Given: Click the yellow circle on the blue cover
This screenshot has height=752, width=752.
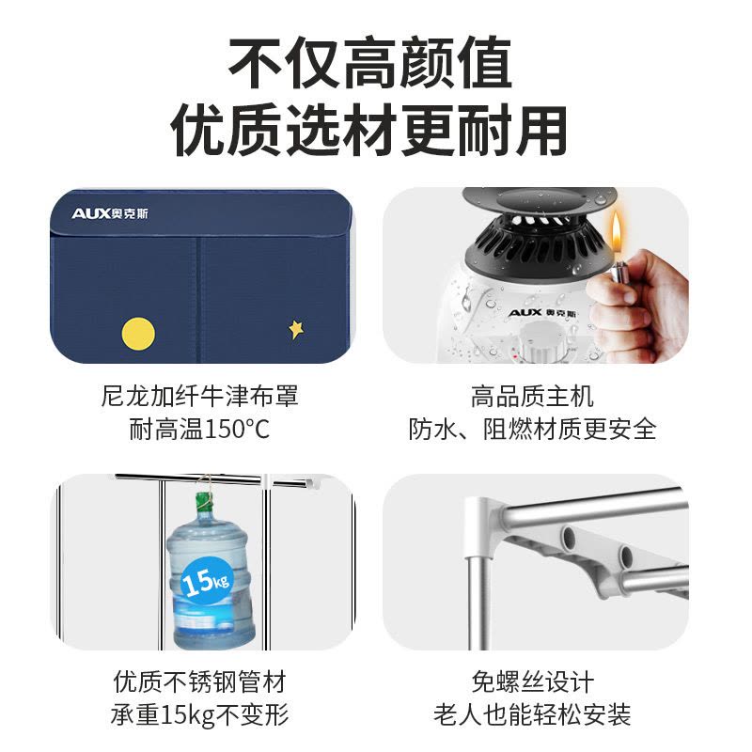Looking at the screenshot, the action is click(x=138, y=334).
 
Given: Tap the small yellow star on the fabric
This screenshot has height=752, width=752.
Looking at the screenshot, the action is click(x=296, y=330).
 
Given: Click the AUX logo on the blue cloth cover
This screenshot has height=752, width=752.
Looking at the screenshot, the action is click(x=110, y=213).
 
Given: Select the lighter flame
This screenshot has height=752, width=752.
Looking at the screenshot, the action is click(x=617, y=233).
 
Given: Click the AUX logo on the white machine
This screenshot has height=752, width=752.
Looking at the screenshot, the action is click(x=542, y=313).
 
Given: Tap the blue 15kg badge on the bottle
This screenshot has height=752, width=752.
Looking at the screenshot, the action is click(x=206, y=581).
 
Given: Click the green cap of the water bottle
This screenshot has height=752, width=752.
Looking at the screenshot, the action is click(x=203, y=502).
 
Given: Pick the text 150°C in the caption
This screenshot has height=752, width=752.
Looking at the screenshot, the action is click(x=237, y=430).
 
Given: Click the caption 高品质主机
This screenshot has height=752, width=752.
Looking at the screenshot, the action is click(x=532, y=397).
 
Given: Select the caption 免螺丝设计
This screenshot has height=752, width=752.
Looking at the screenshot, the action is click(x=532, y=681).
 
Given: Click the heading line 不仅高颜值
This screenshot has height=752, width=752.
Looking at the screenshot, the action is click(x=370, y=64).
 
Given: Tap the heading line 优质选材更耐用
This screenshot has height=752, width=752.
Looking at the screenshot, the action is click(x=369, y=131).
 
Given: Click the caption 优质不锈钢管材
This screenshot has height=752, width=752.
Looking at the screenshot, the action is click(x=200, y=681).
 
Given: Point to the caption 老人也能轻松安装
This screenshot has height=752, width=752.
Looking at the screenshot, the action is click(x=532, y=714).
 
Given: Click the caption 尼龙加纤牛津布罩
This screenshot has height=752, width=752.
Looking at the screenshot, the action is click(x=200, y=397).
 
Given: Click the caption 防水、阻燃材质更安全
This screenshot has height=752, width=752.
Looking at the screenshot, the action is click(x=532, y=430).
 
